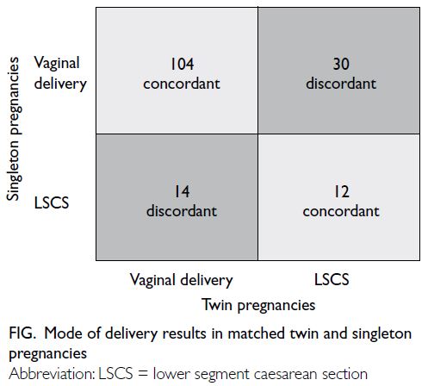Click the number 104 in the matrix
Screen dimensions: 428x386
(x=182, y=64)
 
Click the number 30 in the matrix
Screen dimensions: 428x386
(x=341, y=64)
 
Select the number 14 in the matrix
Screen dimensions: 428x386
(x=183, y=191)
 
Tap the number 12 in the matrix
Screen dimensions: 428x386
(x=342, y=191)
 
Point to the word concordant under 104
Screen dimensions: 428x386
(x=182, y=84)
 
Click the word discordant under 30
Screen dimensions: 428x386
(x=341, y=84)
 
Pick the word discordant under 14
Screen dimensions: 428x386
(x=182, y=211)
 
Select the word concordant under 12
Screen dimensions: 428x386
(x=341, y=211)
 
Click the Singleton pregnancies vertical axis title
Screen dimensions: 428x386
(x=14, y=128)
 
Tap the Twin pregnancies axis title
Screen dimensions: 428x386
(x=258, y=305)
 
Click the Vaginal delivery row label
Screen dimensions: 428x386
(x=60, y=73)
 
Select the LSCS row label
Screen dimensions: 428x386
(x=52, y=202)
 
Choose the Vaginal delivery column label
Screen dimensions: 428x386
(x=181, y=280)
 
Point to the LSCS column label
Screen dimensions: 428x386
(x=332, y=279)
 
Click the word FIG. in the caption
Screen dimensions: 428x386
(x=22, y=333)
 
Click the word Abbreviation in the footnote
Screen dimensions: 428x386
(x=52, y=374)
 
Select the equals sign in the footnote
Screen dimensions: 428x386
(x=143, y=375)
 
